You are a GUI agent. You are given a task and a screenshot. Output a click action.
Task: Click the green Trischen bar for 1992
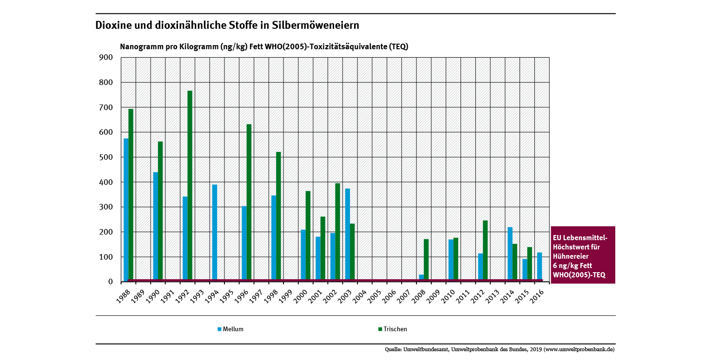190,186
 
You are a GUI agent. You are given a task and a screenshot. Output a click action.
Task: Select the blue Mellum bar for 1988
126,209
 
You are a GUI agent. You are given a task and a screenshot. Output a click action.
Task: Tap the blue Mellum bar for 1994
215,232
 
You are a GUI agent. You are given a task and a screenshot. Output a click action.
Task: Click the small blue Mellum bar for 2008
421,277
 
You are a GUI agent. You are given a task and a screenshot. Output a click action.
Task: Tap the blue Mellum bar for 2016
540,266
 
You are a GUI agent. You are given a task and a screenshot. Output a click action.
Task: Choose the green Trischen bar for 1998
278,216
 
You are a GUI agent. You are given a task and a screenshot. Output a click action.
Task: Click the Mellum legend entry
231,329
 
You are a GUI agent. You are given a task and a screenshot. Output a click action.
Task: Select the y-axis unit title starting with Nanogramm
264,47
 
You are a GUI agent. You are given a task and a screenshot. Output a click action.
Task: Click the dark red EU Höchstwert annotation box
582,255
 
